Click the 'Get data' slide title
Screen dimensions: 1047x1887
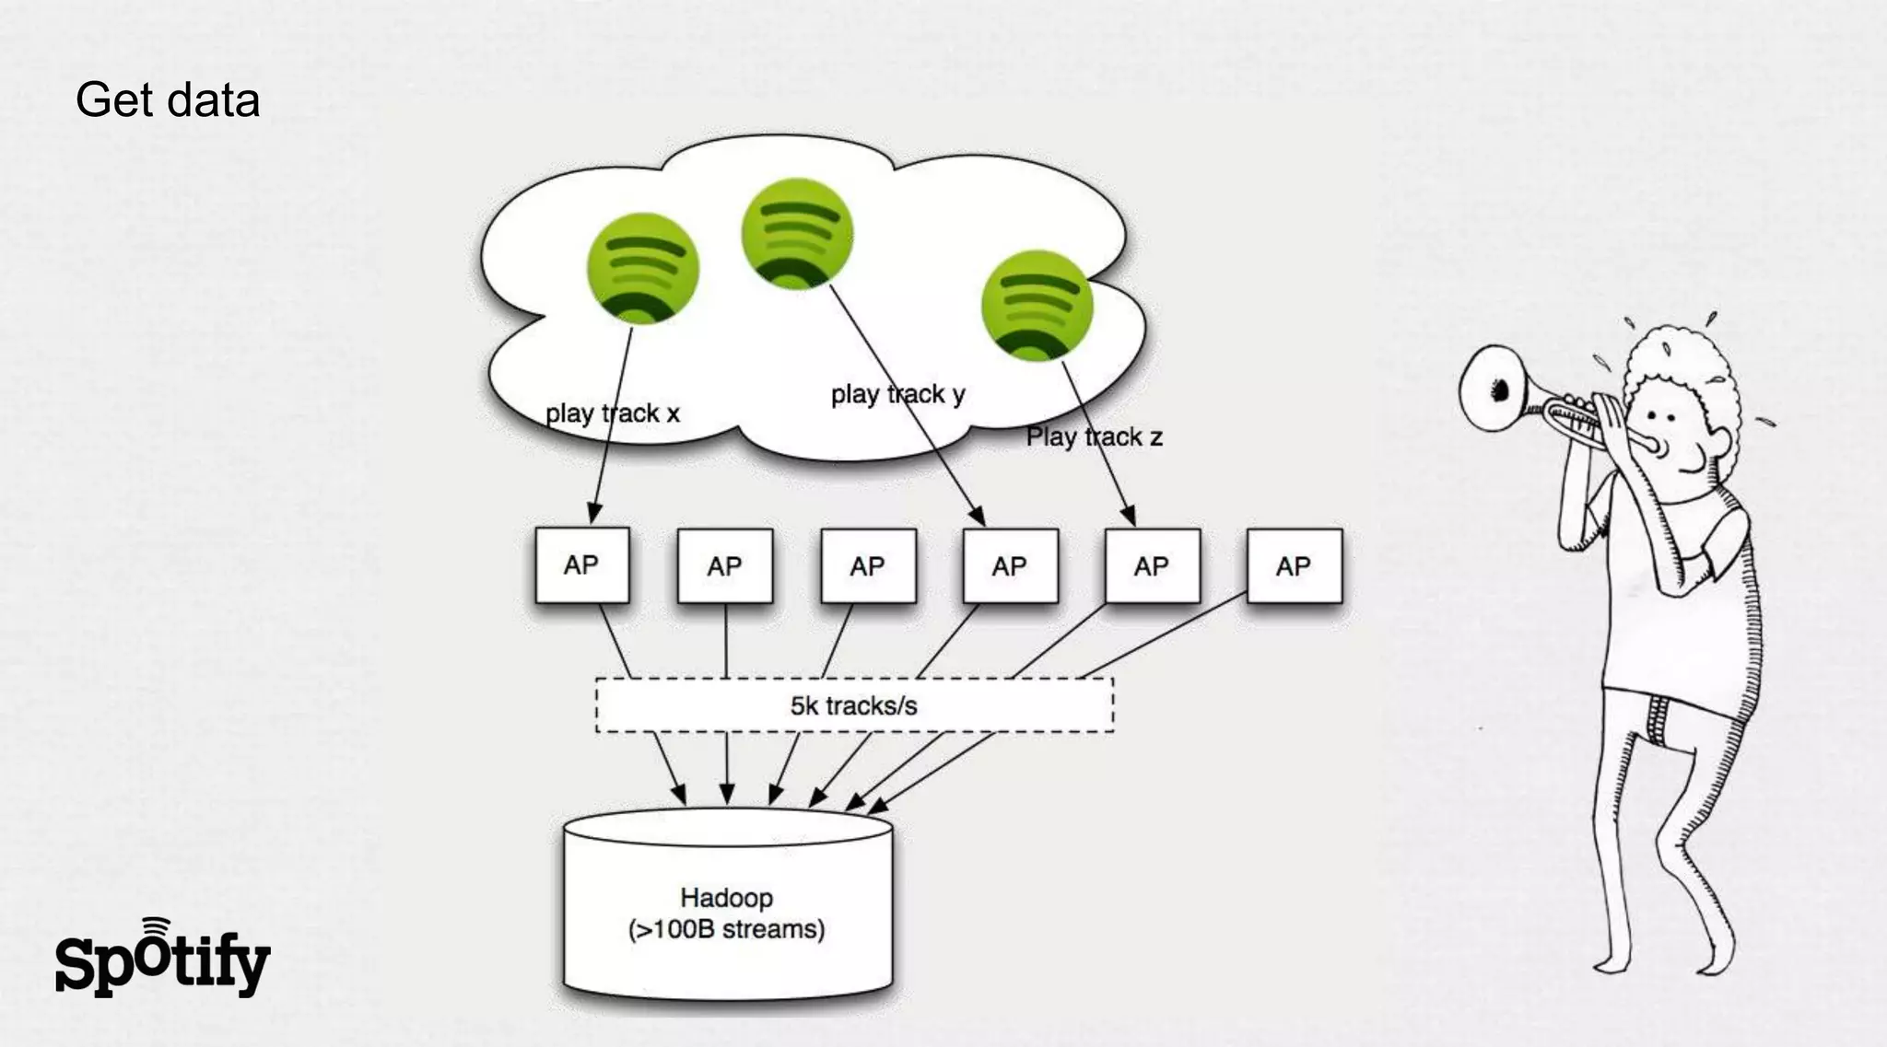coord(168,100)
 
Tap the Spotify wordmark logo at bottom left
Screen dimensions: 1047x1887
coord(162,962)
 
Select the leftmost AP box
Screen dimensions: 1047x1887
coord(581,565)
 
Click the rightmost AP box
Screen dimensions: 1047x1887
coord(1294,566)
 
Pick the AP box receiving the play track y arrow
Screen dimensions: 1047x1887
coord(1010,566)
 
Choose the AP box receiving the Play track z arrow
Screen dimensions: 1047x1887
coord(1152,566)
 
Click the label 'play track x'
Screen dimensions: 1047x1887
coord(612,413)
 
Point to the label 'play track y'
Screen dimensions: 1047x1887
coord(897,394)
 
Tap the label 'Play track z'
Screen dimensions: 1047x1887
coord(1094,436)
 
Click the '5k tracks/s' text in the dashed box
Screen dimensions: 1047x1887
coord(853,706)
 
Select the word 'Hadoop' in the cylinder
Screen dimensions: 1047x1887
coord(726,898)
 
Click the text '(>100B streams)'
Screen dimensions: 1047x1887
coord(726,929)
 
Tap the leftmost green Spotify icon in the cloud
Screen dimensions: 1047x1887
coord(642,268)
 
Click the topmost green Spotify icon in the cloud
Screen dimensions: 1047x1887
coord(797,233)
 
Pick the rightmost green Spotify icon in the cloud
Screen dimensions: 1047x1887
coord(1037,305)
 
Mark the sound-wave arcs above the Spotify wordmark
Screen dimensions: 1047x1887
coord(156,926)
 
